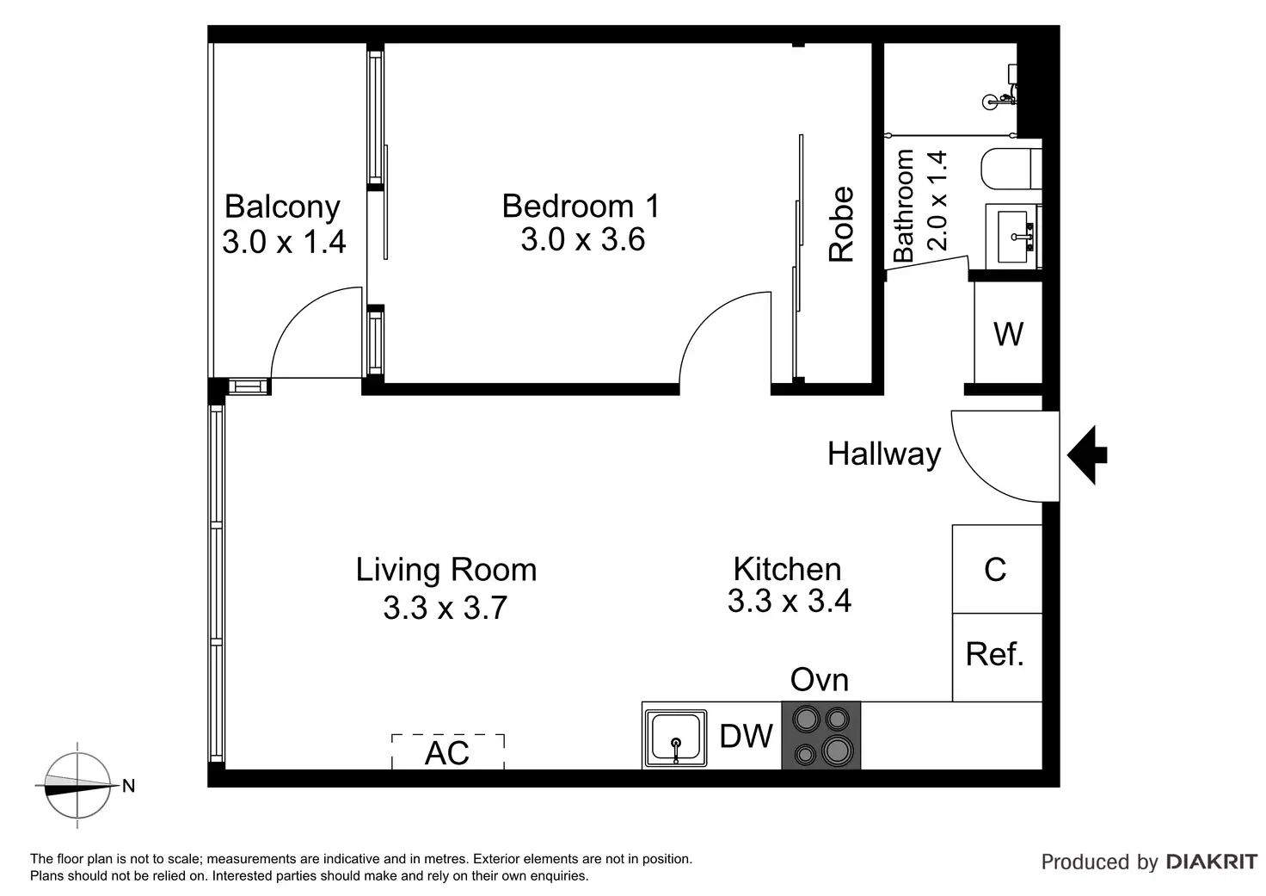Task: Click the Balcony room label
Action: [282, 207]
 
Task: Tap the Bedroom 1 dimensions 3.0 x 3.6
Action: [583, 239]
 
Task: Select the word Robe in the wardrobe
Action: [841, 224]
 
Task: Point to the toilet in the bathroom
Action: [1011, 169]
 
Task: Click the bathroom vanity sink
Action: [1013, 237]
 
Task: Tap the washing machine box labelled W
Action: [1008, 332]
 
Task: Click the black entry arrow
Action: [1087, 454]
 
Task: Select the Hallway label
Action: [884, 454]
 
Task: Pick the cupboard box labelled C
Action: [997, 569]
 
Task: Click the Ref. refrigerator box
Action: [997, 658]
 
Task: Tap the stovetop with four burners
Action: [821, 735]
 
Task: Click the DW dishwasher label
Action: [746, 736]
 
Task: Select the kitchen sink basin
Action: [675, 738]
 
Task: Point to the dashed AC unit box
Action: [447, 751]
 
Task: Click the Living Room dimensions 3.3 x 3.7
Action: [445, 608]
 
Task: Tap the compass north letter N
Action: [129, 786]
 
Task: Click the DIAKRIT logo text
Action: [1211, 862]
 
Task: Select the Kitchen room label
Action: [787, 569]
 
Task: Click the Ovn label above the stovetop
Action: [820, 679]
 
